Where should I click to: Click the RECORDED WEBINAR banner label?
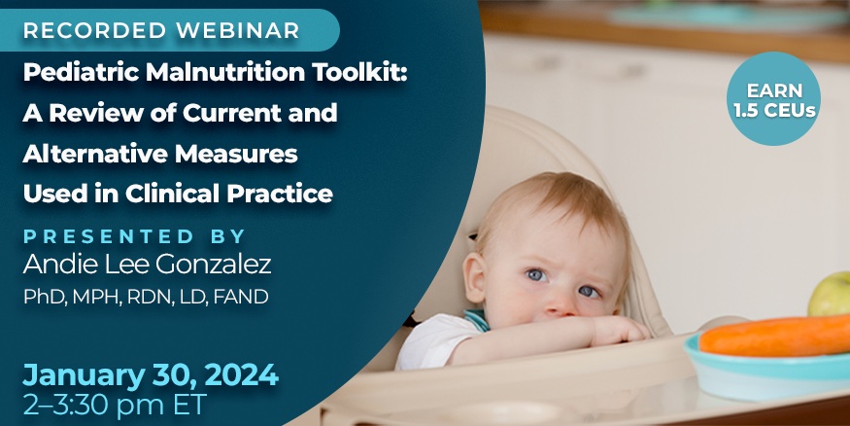click(x=161, y=30)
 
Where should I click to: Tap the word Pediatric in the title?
click(x=71, y=73)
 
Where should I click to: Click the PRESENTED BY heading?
click(x=134, y=236)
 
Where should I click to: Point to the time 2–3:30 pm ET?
click(x=115, y=405)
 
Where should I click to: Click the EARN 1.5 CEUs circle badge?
click(x=773, y=98)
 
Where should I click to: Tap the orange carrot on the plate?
click(x=774, y=336)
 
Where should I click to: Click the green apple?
click(x=830, y=296)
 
